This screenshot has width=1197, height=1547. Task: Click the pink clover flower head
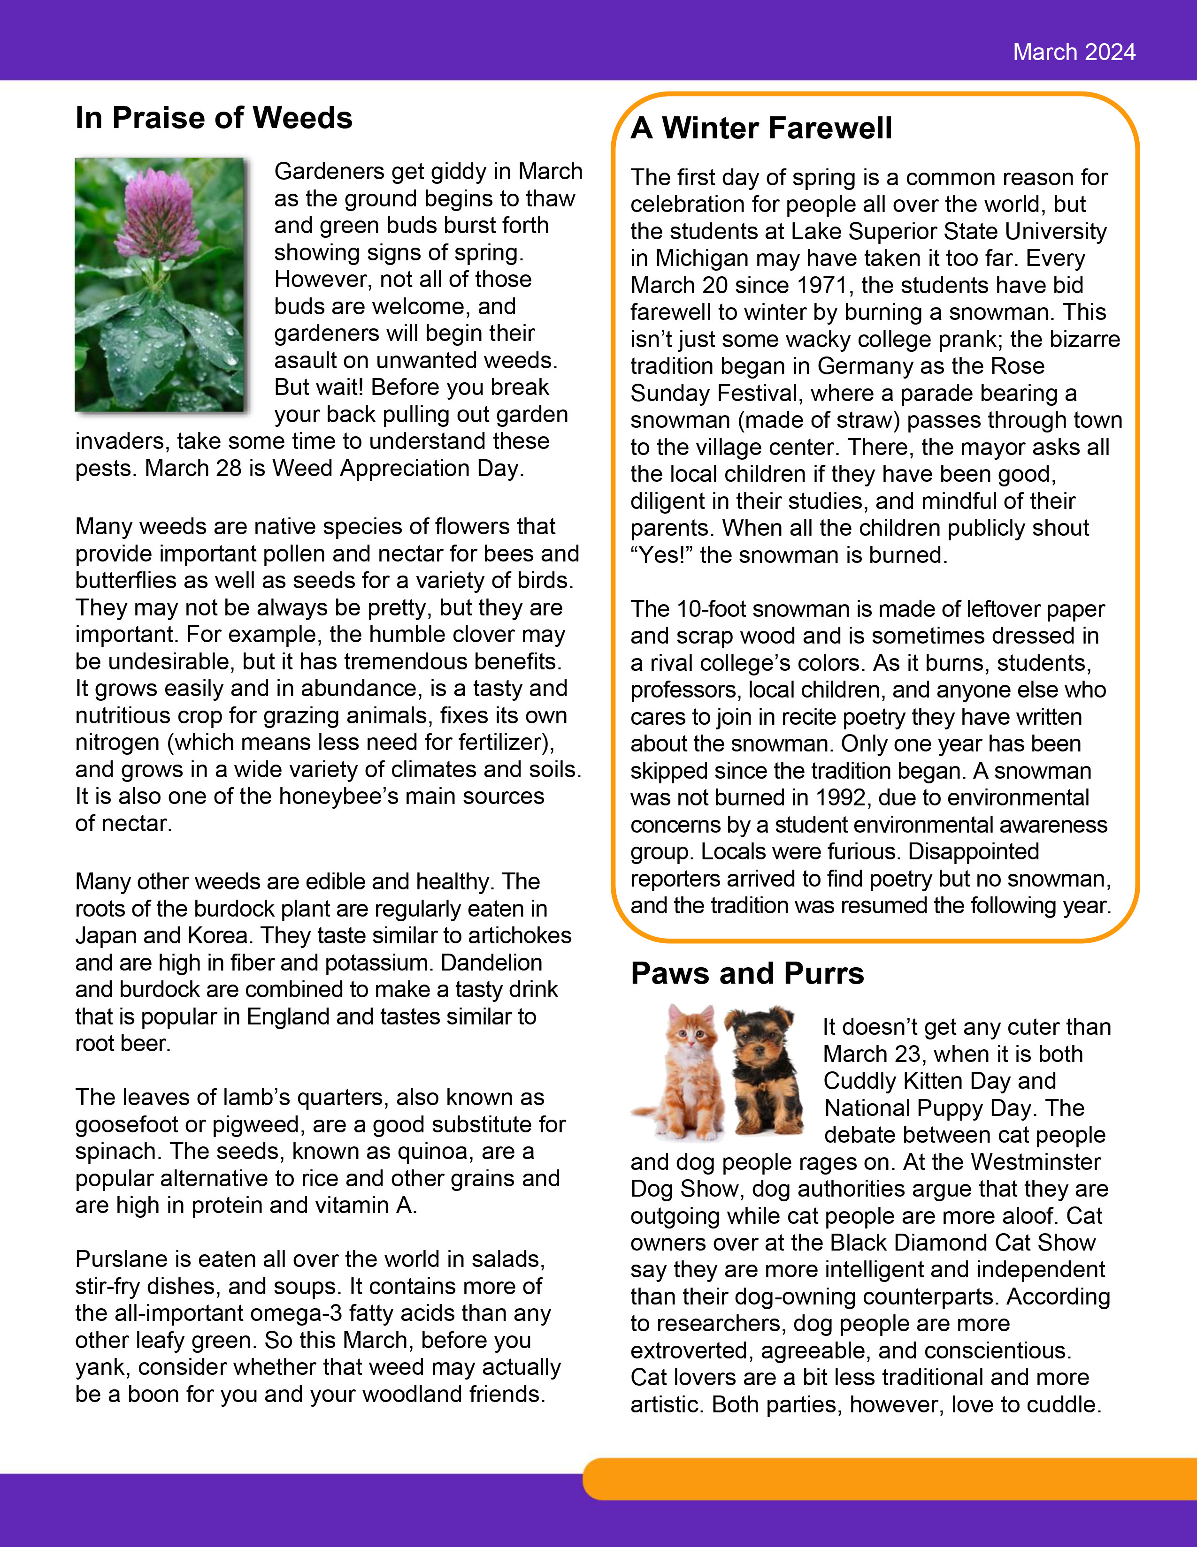[x=160, y=212]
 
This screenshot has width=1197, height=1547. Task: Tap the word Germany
[x=863, y=366]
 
